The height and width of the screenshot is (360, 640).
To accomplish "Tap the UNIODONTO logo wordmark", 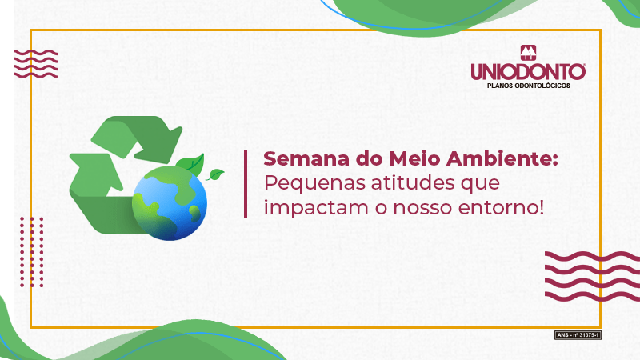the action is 528,72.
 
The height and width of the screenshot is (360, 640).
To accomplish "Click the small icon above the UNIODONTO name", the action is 528,53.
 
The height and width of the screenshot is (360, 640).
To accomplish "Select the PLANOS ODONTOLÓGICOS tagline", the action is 529,86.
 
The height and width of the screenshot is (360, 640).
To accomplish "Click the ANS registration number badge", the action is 577,335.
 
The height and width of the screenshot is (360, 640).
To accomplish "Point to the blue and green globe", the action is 170,203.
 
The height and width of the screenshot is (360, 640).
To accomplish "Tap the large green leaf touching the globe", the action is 191,164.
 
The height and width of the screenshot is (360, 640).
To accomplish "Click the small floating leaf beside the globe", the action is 214,174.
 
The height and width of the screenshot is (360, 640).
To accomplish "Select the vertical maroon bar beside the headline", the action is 246,184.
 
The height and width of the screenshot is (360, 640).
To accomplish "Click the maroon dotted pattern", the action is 32,252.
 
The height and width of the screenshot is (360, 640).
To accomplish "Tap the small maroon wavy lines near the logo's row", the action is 35,64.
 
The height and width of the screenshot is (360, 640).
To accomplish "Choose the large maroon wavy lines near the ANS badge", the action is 592,276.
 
